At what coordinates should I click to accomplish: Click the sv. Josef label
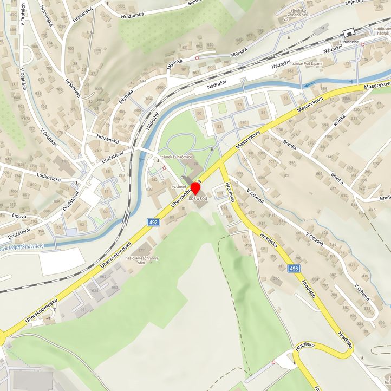(x=179, y=187)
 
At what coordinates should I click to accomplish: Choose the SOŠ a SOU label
(x=198, y=199)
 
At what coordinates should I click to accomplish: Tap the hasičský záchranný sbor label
(x=141, y=261)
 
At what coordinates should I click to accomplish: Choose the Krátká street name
(x=340, y=123)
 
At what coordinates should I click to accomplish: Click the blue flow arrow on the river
(x=309, y=85)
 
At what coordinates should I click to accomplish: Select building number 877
(x=141, y=250)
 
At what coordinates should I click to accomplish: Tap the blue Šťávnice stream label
(x=22, y=249)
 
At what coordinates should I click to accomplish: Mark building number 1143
(x=329, y=157)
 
